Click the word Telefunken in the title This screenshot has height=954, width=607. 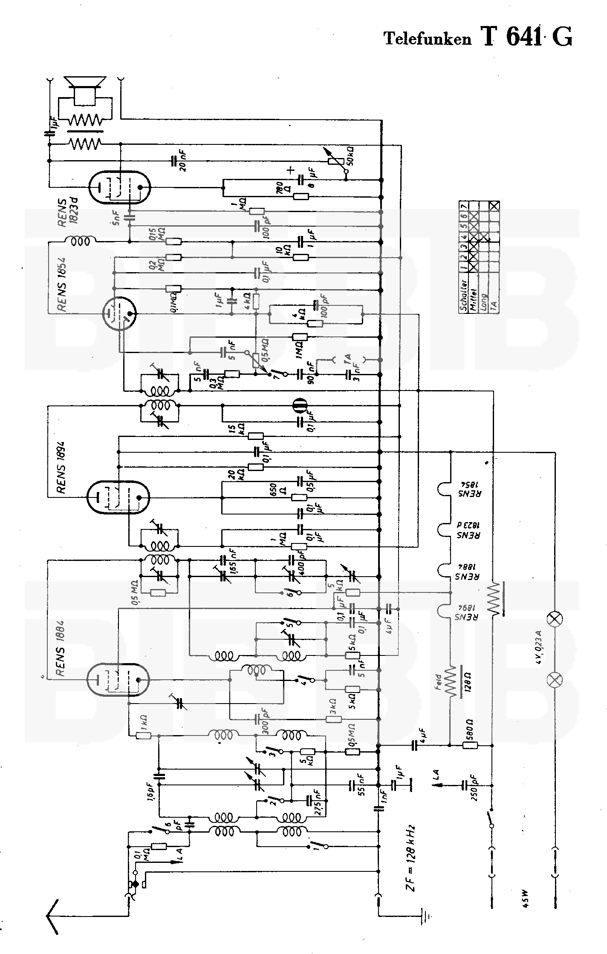point(428,39)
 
